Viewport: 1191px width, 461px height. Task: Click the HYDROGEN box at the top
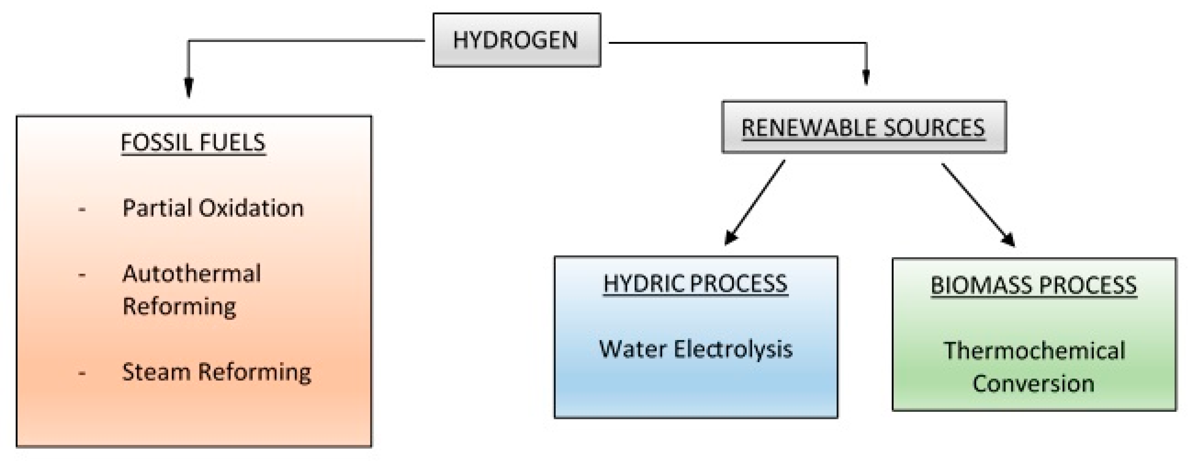(x=516, y=40)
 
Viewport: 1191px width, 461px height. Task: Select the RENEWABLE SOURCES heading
(x=863, y=127)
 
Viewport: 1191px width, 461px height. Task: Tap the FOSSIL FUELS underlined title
(x=193, y=142)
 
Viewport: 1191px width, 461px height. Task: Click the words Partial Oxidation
(x=213, y=208)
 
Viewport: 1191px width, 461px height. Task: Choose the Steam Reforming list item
(x=216, y=372)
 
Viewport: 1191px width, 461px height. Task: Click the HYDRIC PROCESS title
(x=695, y=283)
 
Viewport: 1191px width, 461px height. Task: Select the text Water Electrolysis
(x=695, y=349)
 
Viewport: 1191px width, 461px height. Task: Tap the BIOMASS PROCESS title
(x=1033, y=285)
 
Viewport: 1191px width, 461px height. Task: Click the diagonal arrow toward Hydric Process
(x=754, y=202)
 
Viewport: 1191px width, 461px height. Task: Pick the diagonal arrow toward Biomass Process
(x=978, y=205)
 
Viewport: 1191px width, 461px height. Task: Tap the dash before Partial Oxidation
(x=82, y=210)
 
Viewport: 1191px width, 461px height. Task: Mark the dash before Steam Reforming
(x=82, y=373)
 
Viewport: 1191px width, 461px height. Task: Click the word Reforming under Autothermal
(x=179, y=306)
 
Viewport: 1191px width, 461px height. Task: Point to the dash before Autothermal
(x=82, y=275)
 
